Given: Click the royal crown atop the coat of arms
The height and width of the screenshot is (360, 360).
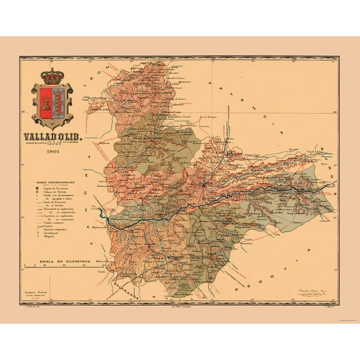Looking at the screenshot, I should [x=52, y=76].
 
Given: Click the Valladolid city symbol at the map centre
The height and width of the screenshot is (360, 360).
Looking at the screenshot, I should [x=206, y=184].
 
